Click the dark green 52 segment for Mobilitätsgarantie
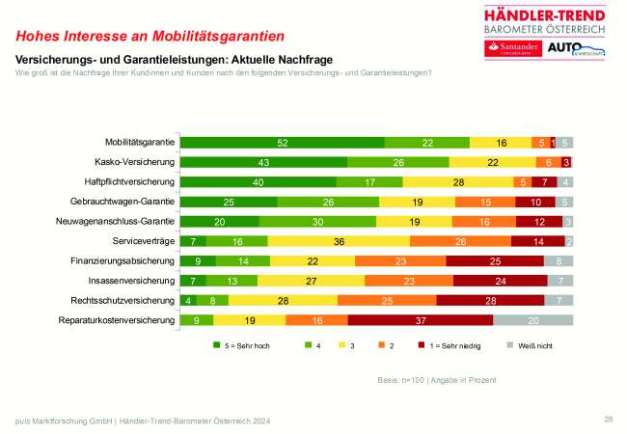[x=282, y=143]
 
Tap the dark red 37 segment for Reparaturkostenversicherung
[x=420, y=319]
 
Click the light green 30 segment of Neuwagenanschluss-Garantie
[x=317, y=221]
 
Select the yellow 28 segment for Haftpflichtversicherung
[x=458, y=182]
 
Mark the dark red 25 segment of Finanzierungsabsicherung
[x=494, y=260]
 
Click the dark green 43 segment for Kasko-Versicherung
[x=263, y=162]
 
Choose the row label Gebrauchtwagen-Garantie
[x=123, y=202]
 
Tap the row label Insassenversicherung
[x=130, y=280]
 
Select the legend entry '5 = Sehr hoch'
[x=239, y=343]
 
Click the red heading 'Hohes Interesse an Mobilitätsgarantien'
[x=150, y=37]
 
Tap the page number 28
[x=608, y=419]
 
